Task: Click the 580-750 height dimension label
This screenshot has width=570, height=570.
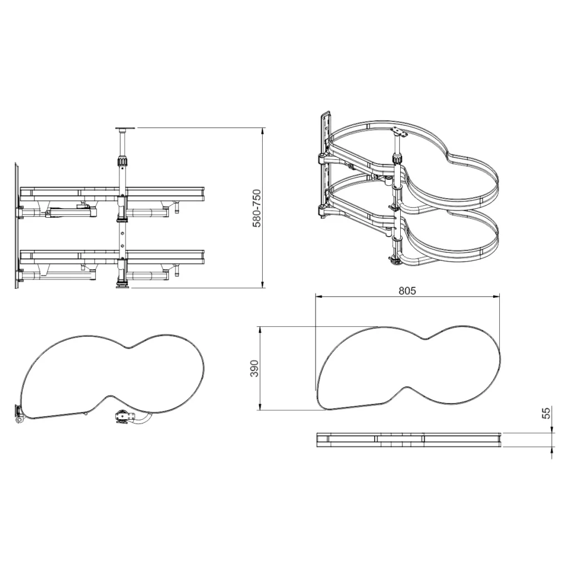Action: coord(257,208)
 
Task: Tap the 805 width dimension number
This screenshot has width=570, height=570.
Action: coord(407,291)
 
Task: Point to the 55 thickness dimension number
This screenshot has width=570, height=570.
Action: coord(547,413)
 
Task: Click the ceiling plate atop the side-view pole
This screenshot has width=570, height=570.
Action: coord(125,129)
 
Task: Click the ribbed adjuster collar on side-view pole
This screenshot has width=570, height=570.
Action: coord(122,160)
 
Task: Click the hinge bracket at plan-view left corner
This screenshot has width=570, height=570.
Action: coord(18,414)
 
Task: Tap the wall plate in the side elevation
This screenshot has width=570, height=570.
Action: coord(17,226)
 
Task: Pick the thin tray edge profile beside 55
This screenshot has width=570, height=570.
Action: coord(409,440)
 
